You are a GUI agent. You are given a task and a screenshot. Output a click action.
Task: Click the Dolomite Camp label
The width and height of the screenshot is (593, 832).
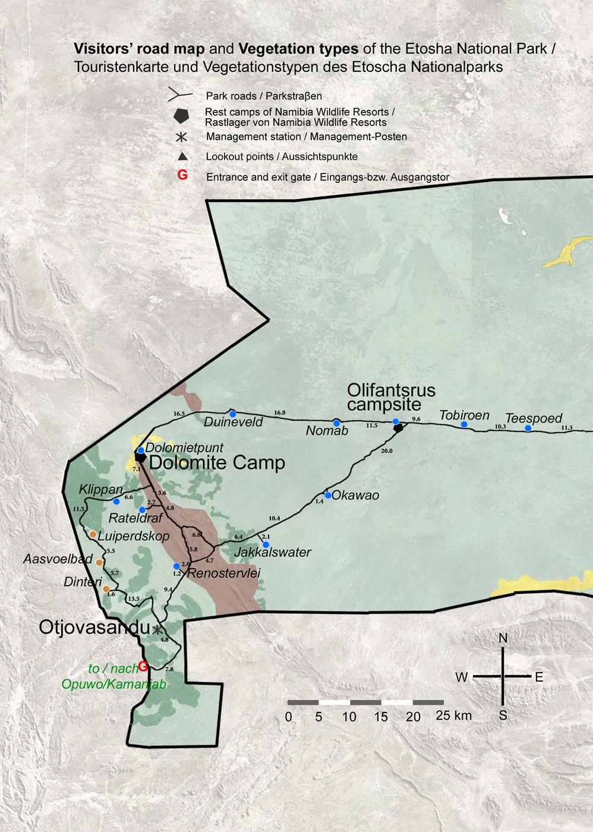(x=217, y=463)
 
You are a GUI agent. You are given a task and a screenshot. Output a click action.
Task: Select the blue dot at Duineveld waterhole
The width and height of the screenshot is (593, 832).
(x=233, y=414)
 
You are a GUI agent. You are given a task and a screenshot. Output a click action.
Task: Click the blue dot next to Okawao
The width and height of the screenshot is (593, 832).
(x=327, y=495)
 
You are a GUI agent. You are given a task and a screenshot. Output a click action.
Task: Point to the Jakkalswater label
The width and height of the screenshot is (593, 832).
(x=273, y=553)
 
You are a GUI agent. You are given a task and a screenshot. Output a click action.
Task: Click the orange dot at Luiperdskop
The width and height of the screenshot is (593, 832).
(x=93, y=534)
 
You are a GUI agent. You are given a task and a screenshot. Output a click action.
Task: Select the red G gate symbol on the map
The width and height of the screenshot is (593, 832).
(x=143, y=666)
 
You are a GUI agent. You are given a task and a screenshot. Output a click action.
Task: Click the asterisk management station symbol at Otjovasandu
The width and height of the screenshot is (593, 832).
(x=157, y=629)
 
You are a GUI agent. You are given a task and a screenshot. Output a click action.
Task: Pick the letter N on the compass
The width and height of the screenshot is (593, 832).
(x=503, y=638)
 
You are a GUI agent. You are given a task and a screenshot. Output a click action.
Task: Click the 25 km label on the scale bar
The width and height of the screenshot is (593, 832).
(x=453, y=716)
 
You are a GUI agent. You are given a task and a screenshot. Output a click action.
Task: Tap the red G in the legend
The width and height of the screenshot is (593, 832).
(x=182, y=175)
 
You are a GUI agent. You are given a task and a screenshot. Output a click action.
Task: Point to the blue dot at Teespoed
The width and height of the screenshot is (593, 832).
(x=528, y=428)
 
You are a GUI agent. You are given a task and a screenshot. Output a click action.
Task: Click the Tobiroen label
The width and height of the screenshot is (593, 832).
(x=464, y=415)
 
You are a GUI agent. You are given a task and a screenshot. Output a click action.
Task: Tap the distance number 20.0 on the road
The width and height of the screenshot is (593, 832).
(x=386, y=451)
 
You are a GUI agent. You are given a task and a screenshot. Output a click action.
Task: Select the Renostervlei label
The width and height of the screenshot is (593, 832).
(x=223, y=573)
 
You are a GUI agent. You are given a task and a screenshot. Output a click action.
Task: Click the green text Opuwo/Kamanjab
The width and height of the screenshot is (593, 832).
(x=114, y=684)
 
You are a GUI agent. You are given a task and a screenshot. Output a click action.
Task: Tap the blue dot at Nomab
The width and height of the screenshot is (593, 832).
(x=336, y=423)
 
